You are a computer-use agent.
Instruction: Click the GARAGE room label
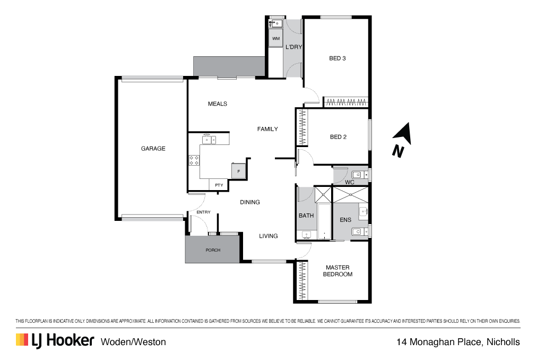[x=153, y=149]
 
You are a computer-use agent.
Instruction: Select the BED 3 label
[x=338, y=58]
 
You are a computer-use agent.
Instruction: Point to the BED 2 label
[x=338, y=137]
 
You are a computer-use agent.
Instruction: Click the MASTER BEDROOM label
[x=338, y=271]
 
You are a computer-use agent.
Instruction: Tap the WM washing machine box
[x=275, y=39]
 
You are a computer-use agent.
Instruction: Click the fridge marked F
[x=238, y=171]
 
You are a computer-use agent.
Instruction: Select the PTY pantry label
[x=219, y=185]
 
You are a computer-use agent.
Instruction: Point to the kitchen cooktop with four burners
[x=194, y=160]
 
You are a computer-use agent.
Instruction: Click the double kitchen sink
[x=208, y=140]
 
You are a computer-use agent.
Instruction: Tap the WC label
[x=349, y=182]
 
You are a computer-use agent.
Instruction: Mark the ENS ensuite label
[x=345, y=219]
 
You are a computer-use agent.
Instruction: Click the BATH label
[x=306, y=216]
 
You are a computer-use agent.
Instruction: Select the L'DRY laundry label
[x=293, y=47]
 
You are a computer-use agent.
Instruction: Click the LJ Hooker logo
[x=55, y=341]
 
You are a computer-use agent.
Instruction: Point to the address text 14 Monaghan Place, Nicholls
[x=458, y=342]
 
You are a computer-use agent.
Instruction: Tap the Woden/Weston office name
[x=133, y=342]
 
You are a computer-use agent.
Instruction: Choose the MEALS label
[x=217, y=104]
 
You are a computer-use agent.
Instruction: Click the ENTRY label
[x=203, y=212]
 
